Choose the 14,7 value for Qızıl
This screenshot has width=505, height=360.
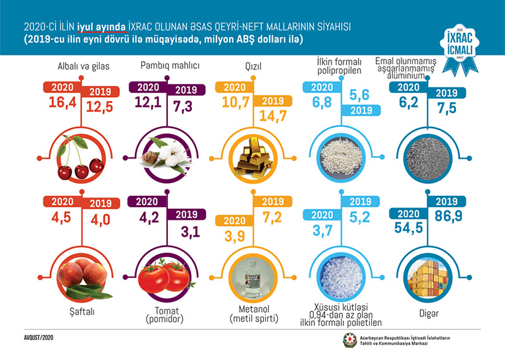point(271,116)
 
